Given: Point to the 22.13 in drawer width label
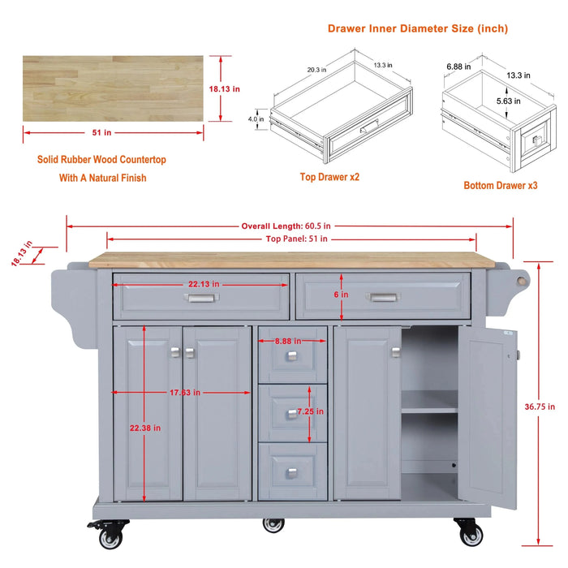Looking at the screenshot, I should [204, 285].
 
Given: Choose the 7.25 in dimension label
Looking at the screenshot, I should [309, 412].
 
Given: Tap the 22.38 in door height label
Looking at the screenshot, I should [146, 428].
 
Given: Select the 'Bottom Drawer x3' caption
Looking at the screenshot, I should [501, 186].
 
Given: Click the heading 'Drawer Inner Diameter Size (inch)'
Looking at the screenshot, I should [418, 28].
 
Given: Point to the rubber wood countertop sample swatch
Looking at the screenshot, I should [113, 88].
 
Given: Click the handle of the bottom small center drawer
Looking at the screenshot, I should [292, 473].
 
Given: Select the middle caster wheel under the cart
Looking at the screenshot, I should [273, 524].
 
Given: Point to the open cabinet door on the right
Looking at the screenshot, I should [489, 419].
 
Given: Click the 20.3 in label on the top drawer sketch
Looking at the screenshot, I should [316, 70].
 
